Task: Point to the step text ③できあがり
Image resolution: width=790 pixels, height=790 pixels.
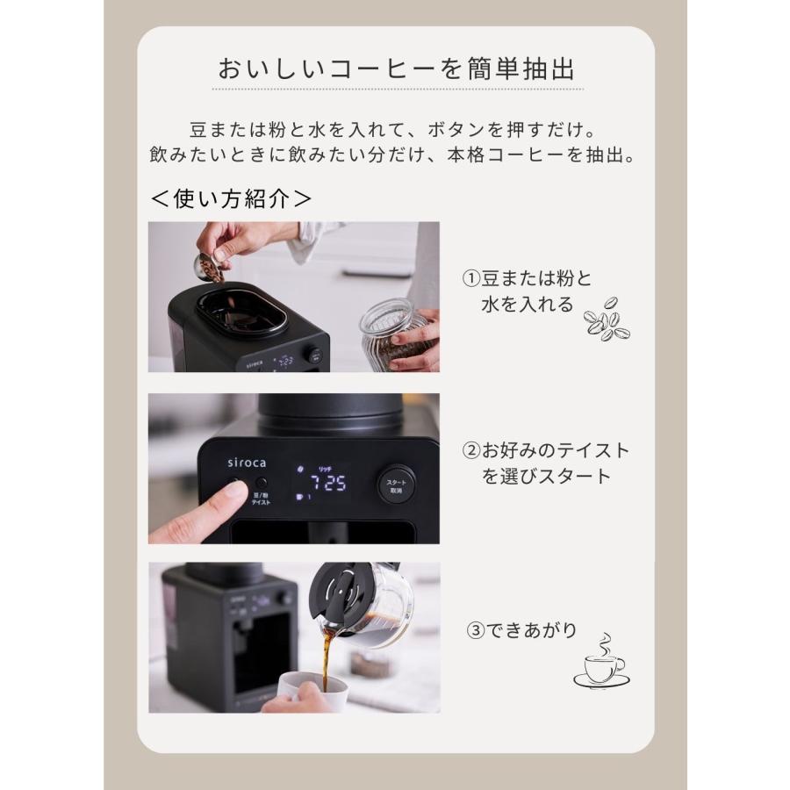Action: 521,630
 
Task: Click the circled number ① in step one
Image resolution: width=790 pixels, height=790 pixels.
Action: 472,278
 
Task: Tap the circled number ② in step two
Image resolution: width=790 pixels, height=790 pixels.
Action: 472,450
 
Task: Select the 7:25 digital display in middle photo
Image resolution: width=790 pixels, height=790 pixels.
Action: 320,484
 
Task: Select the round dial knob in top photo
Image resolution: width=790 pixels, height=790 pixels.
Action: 313,355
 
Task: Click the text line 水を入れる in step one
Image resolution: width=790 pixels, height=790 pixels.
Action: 527,305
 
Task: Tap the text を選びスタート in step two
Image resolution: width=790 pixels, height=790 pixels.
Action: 545,477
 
